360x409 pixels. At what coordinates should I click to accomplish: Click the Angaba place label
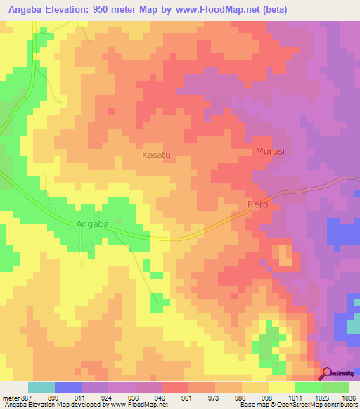(x=92, y=224)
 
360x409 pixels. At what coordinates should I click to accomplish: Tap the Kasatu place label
(x=157, y=154)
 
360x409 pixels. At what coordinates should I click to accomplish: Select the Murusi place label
(x=269, y=151)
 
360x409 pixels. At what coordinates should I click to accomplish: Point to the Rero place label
(x=257, y=205)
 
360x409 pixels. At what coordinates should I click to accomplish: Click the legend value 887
(x=23, y=397)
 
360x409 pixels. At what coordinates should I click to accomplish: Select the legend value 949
(x=158, y=397)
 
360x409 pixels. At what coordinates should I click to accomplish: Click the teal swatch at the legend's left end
(x=41, y=387)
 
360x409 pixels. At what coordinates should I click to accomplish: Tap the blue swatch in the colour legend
(x=67, y=387)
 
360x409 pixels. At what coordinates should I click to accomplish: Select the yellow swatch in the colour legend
(x=281, y=387)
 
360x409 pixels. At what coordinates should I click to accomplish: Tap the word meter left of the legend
(x=9, y=397)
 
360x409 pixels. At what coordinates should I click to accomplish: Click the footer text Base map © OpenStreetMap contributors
(x=298, y=405)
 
